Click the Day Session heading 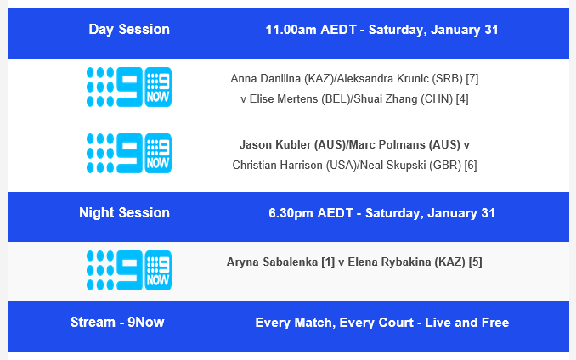[x=129, y=30]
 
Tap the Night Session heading [x=124, y=213]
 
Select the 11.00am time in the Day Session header [x=291, y=30]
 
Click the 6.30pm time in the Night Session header [x=291, y=213]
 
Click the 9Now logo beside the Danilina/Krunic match [x=128, y=87]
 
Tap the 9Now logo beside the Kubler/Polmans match [x=128, y=154]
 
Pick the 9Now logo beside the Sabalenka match [x=128, y=271]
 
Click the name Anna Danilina [x=261, y=79]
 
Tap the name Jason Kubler [x=275, y=145]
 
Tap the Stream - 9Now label [x=117, y=323]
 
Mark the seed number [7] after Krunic [x=472, y=79]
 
